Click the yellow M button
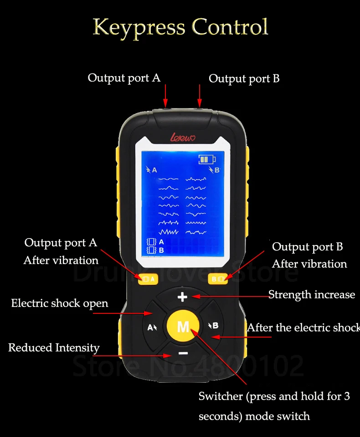point(183,326)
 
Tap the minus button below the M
point(183,353)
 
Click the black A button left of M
point(152,327)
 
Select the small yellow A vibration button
point(148,279)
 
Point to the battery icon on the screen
point(207,160)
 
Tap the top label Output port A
point(124,78)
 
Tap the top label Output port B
point(244,78)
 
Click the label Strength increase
point(311,295)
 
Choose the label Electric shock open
point(60,303)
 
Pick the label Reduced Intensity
point(54,348)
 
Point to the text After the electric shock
point(303,328)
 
